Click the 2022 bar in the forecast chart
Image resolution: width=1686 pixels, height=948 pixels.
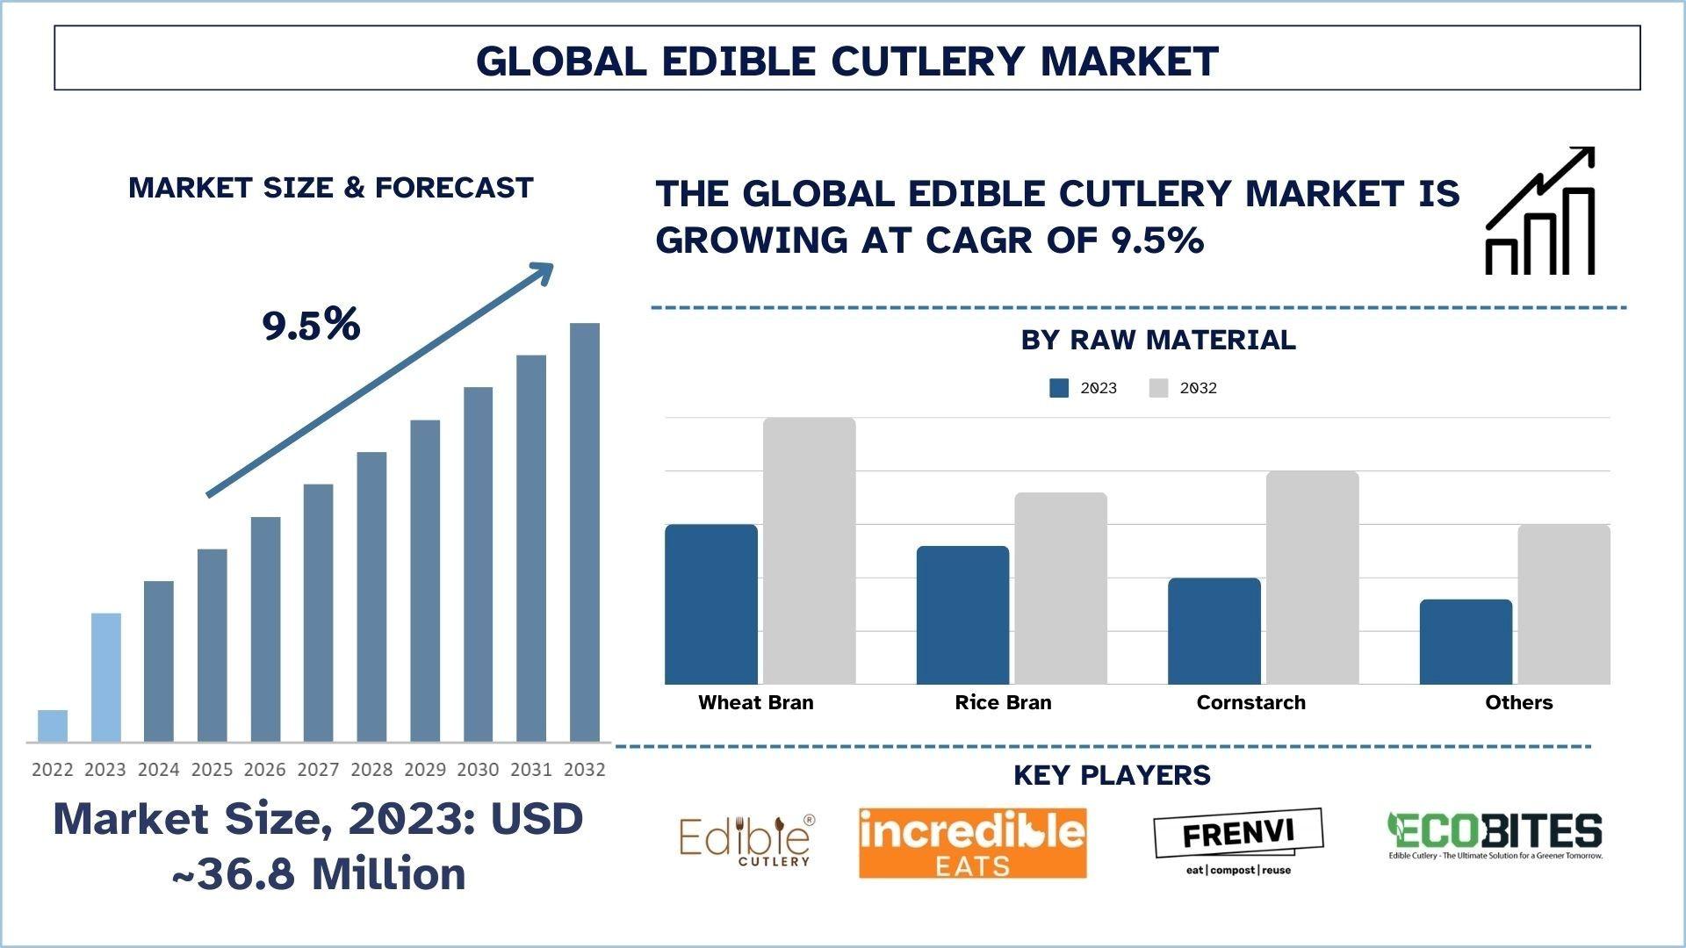[53, 726]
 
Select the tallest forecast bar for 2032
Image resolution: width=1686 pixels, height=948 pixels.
[585, 532]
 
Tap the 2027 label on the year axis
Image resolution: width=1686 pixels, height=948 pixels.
[318, 770]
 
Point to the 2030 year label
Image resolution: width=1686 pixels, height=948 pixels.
[478, 770]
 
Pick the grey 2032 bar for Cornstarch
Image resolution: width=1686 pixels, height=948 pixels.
[1312, 577]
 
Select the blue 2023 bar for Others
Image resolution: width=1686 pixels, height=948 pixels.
[1466, 642]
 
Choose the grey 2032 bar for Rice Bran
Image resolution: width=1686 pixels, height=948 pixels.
[1061, 588]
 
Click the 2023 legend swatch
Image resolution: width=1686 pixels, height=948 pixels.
[1059, 388]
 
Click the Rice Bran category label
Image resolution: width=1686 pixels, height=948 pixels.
[1003, 702]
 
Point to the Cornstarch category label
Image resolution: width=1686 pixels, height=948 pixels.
[1250, 702]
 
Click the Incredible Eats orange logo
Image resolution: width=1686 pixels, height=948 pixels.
[972, 843]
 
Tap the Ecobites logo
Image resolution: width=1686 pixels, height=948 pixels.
[1495, 835]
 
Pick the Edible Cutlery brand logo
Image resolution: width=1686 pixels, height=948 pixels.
[746, 840]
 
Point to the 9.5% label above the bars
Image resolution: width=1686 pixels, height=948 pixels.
[312, 325]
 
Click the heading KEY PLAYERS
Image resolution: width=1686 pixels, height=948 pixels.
[1112, 775]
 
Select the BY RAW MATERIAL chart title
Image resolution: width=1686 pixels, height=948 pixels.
[1158, 340]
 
